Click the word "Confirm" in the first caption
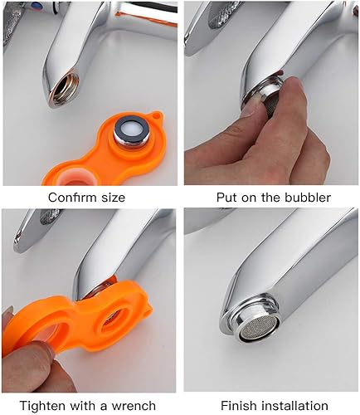(x=73, y=198)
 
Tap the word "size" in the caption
(x=113, y=198)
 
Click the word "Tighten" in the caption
(x=42, y=406)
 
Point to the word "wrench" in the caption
(x=134, y=406)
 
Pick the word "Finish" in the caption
(x=239, y=406)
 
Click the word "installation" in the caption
(x=294, y=406)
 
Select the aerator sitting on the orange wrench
(x=132, y=133)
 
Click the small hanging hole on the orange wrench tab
(x=158, y=114)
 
